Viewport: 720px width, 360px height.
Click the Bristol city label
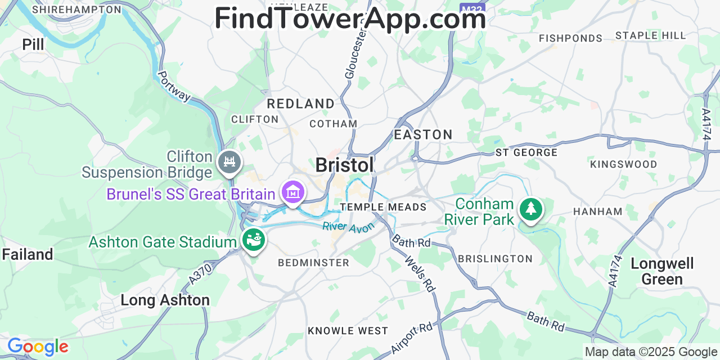tap(344, 165)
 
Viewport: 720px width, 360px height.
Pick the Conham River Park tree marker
tap(530, 210)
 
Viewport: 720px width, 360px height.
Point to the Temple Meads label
tap(383, 207)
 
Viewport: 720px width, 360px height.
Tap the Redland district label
tap(300, 103)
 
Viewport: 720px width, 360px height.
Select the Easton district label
tap(423, 134)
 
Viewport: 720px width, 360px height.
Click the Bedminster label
tap(314, 263)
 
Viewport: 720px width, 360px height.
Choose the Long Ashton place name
tap(165, 300)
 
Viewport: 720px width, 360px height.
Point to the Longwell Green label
tap(662, 271)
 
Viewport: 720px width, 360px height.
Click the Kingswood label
tap(623, 164)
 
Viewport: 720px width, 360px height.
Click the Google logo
tap(37, 346)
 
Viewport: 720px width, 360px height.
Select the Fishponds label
tap(570, 38)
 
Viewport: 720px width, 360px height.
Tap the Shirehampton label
tap(76, 10)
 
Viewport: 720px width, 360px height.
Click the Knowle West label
tap(348, 331)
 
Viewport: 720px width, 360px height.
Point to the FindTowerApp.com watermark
tap(350, 19)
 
